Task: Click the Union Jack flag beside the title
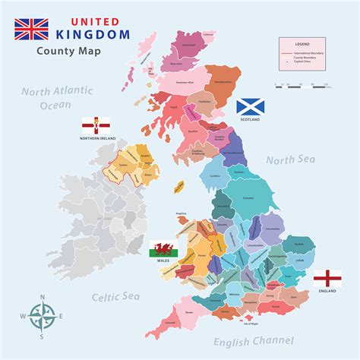point(30,29)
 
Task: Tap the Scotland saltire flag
point(250,107)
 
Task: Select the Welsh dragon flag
point(161,248)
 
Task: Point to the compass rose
point(42,314)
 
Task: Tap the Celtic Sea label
point(114,297)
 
